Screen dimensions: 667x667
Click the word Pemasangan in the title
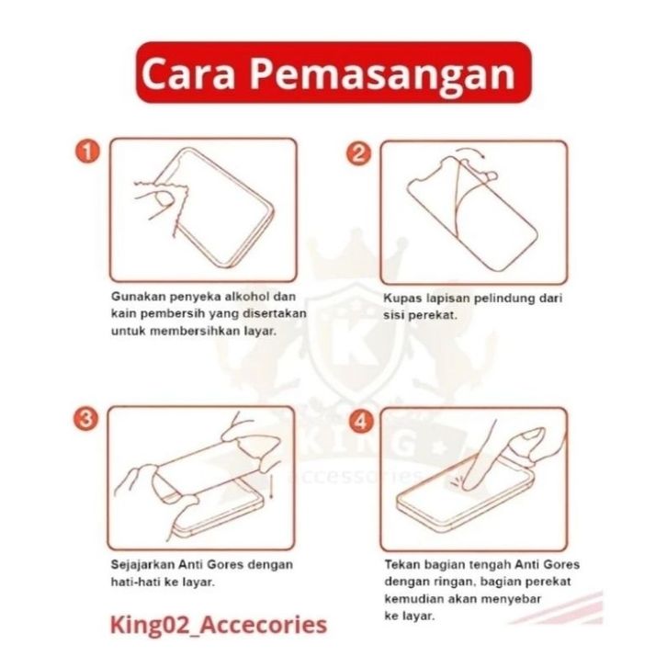382,74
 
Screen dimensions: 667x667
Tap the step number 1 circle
87,153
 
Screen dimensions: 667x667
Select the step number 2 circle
359,153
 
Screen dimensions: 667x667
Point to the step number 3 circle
85,419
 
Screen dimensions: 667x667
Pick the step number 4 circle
361,421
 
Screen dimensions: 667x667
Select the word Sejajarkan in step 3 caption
142,565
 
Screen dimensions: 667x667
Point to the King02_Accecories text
219,625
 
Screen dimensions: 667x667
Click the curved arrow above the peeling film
471,153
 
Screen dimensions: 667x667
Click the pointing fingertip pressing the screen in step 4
469,485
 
